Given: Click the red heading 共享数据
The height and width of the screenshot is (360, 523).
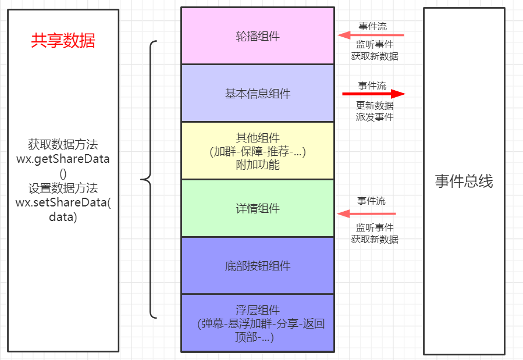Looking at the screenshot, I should tap(63, 41).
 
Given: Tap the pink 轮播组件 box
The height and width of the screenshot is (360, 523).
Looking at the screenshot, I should tap(257, 36).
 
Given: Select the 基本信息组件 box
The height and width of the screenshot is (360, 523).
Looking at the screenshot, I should tap(257, 93).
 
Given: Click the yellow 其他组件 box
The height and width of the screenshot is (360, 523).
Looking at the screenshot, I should tap(257, 151).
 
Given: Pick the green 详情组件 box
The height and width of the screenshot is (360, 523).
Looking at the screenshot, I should tap(257, 208).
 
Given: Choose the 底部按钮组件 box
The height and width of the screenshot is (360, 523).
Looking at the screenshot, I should tap(257, 266).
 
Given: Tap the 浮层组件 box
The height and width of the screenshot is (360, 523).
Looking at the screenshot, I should tap(257, 323).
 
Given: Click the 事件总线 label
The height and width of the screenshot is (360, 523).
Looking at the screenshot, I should tap(464, 181).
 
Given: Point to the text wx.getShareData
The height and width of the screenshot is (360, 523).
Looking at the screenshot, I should tap(63, 159).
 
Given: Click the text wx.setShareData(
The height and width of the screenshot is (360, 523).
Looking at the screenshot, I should tap(63, 202).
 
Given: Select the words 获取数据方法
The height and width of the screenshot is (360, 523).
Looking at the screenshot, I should tap(63, 144).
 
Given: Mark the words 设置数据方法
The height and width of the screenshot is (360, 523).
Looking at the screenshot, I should tap(63, 188).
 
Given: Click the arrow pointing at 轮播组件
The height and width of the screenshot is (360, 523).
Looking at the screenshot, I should tap(371, 35).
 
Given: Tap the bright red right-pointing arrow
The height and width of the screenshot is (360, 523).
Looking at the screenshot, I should tap(373, 94).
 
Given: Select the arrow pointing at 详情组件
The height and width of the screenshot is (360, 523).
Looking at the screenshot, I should tap(371, 213).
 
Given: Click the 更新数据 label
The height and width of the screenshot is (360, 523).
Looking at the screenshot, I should tap(375, 106).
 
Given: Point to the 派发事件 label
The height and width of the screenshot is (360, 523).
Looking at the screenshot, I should tap(375, 117).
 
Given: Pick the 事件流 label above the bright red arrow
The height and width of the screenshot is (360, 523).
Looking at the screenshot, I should tap(372, 85).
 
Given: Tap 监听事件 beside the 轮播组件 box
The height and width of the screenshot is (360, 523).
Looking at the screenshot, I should tap(375, 45).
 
